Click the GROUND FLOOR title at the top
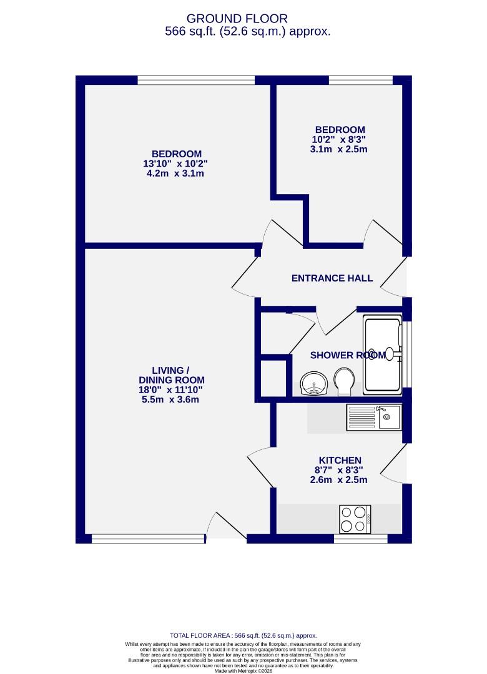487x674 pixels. pos(245,19)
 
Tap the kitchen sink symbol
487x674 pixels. pos(374,417)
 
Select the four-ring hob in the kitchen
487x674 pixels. pos(355,519)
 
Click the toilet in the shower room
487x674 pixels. pos(343,381)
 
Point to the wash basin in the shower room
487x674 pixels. pos(312,384)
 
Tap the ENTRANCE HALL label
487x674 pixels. pos(332,278)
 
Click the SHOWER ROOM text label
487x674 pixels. pos(347,355)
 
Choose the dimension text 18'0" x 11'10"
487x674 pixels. pos(170,389)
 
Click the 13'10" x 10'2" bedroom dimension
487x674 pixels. pos(175,164)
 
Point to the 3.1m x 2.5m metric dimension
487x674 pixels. pos(338,149)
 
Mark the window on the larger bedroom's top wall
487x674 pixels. pos(195,80)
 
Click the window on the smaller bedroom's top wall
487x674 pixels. pos(360,80)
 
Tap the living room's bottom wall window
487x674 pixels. pos(148,538)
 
